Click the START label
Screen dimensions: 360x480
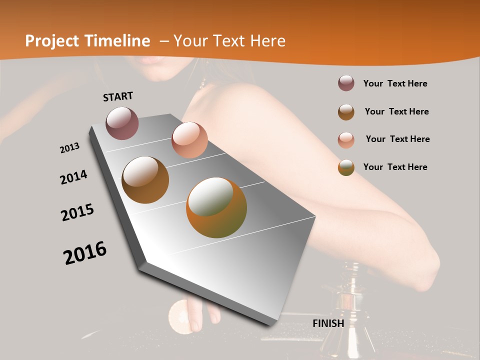(118, 96)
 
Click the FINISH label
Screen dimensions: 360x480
(328, 323)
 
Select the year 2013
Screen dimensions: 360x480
(70, 148)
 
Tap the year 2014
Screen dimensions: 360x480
(74, 177)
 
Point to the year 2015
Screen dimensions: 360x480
(77, 212)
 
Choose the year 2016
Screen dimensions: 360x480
(85, 253)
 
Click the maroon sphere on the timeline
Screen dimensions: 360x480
(122, 123)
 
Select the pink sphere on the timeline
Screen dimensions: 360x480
(189, 140)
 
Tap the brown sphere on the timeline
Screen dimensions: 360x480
(145, 180)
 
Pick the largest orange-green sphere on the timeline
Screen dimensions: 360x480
(216, 207)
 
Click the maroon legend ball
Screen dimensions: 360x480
(346, 83)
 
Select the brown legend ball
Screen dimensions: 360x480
(346, 111)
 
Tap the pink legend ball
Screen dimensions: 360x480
(346, 139)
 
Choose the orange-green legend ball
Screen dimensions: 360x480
(346, 167)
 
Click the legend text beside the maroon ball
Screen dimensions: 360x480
(395, 83)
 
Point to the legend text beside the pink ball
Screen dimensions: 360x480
(397, 139)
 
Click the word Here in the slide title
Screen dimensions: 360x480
(268, 41)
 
